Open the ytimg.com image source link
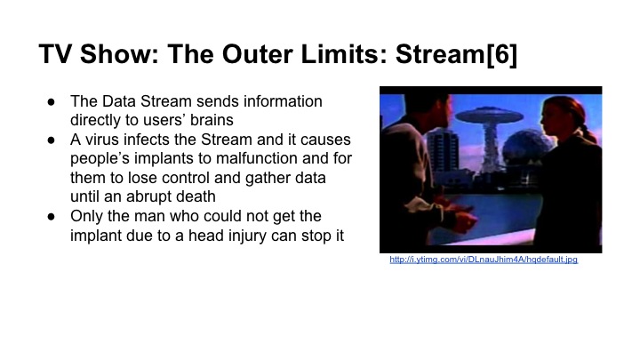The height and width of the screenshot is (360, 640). [x=484, y=260]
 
